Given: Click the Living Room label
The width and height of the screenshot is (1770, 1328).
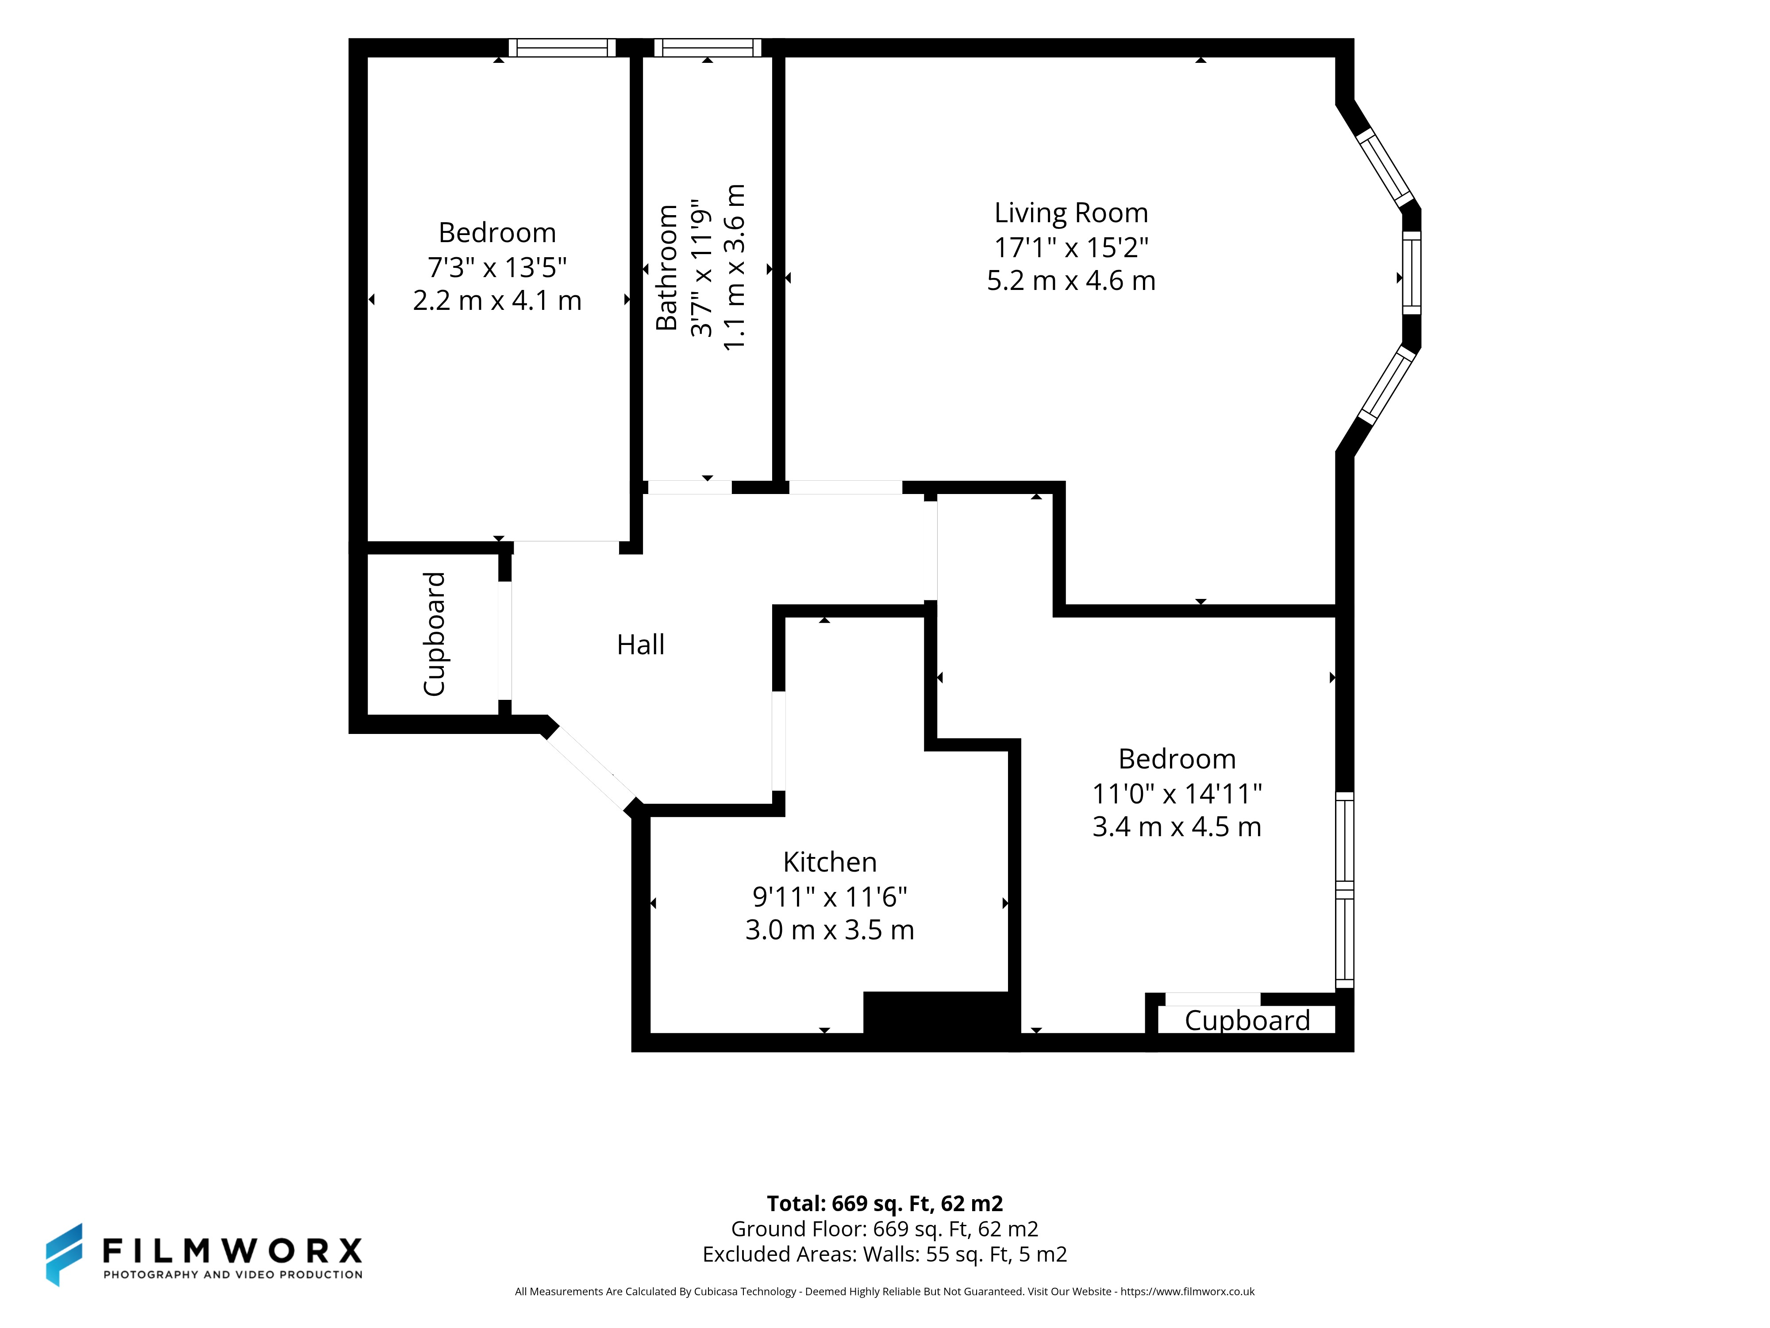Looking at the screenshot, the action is [1071, 213].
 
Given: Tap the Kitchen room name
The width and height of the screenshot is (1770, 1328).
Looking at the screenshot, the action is [830, 862].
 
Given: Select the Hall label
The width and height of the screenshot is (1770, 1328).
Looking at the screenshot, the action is [640, 645].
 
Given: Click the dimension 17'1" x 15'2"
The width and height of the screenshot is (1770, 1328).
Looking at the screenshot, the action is [1071, 247].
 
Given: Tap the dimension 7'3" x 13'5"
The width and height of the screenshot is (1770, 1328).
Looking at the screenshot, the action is [497, 266].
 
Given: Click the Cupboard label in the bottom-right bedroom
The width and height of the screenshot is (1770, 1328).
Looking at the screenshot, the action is [1247, 1021].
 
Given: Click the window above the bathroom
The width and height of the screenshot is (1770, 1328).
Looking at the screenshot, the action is [708, 48].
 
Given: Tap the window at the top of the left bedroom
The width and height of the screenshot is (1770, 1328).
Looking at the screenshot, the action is [562, 48].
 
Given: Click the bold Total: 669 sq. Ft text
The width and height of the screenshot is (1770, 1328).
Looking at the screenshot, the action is [884, 1204].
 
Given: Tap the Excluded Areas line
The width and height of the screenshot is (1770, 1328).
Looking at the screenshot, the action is [884, 1255].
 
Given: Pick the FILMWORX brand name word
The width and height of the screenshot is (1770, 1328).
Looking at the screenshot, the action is [232, 1250].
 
